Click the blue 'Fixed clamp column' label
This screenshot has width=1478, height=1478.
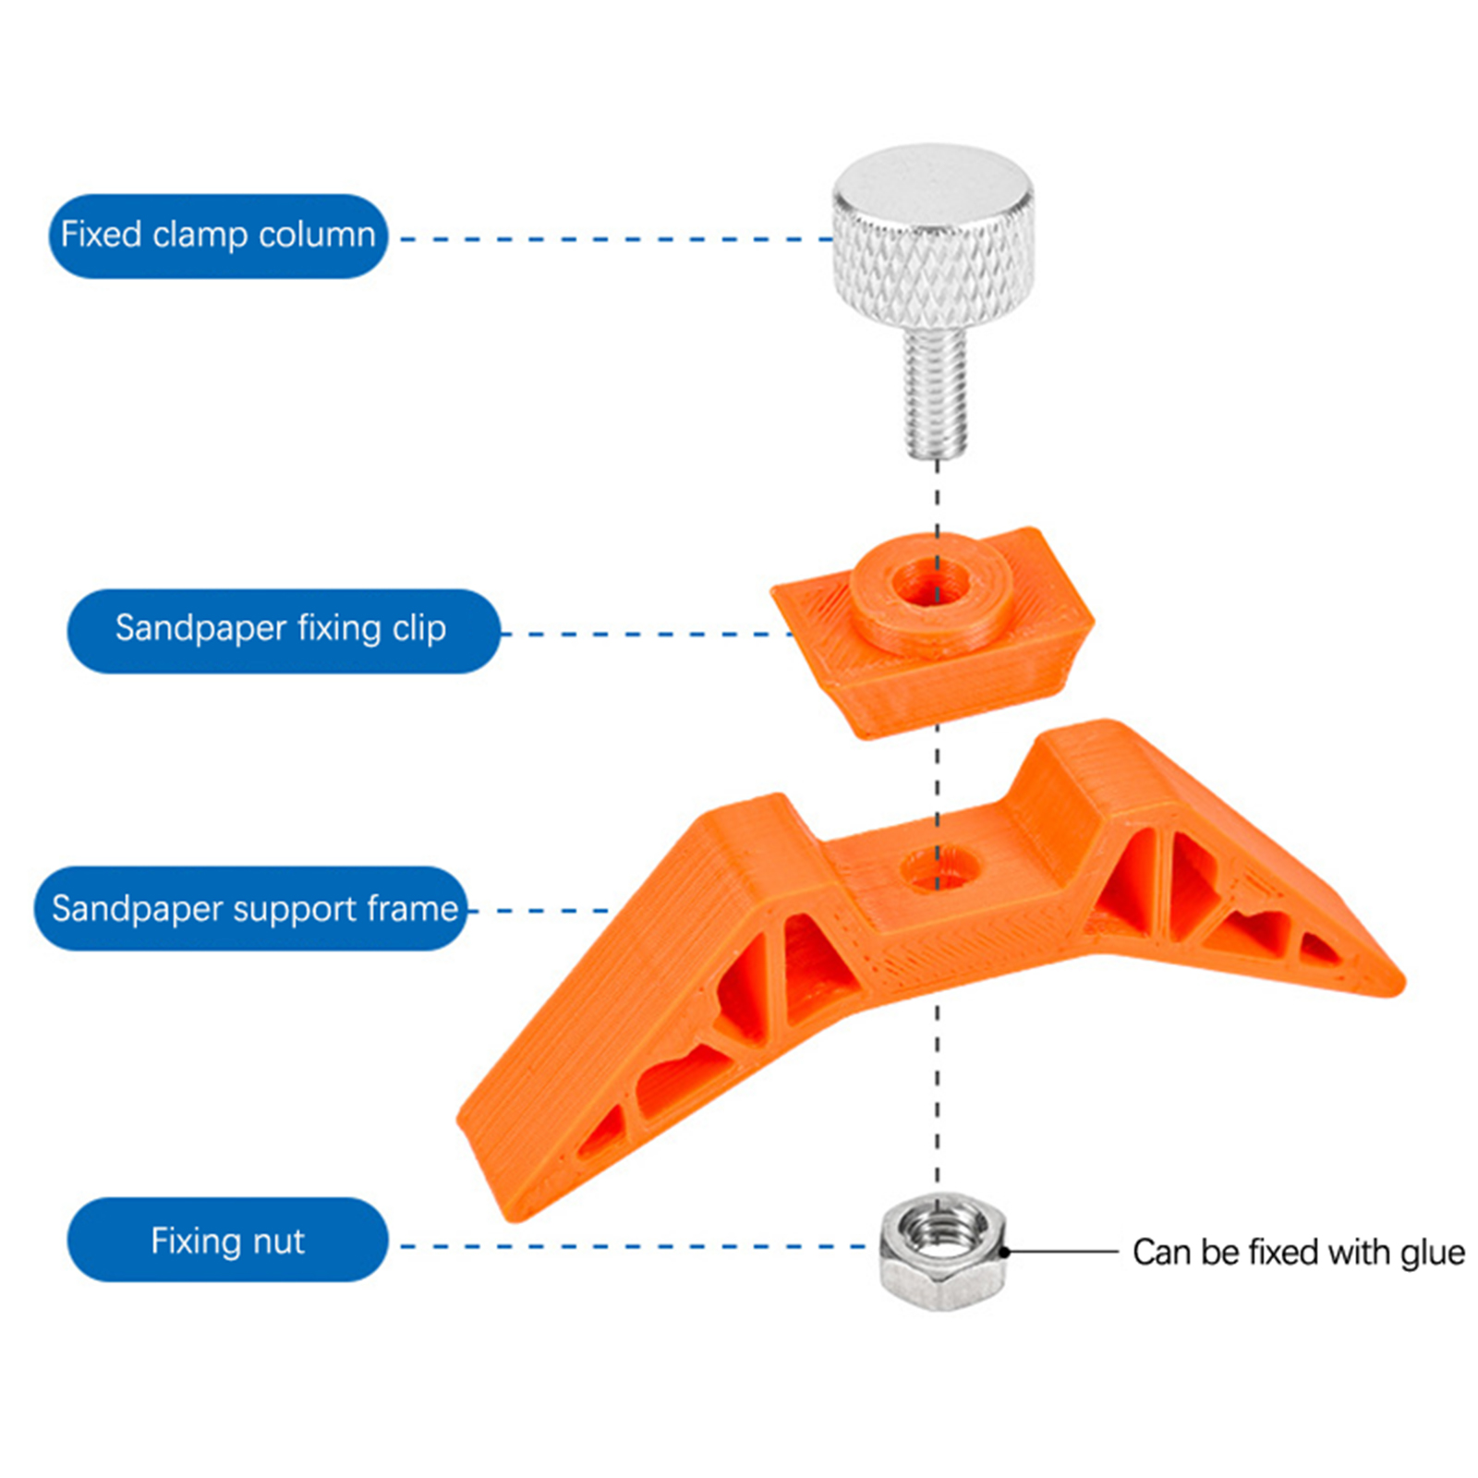click(x=218, y=236)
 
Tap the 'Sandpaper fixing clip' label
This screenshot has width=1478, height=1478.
click(x=282, y=630)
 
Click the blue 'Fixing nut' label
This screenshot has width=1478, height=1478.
click(x=227, y=1241)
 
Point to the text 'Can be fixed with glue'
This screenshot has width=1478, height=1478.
click(x=1298, y=1253)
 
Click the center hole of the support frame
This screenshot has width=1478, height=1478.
click(x=938, y=869)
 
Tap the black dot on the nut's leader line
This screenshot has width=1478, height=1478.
click(x=1005, y=1252)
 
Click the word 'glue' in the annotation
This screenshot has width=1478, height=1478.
click(x=1431, y=1253)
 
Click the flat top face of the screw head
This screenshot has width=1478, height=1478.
click(x=932, y=181)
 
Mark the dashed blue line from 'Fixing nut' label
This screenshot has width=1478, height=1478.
click(x=637, y=1246)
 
